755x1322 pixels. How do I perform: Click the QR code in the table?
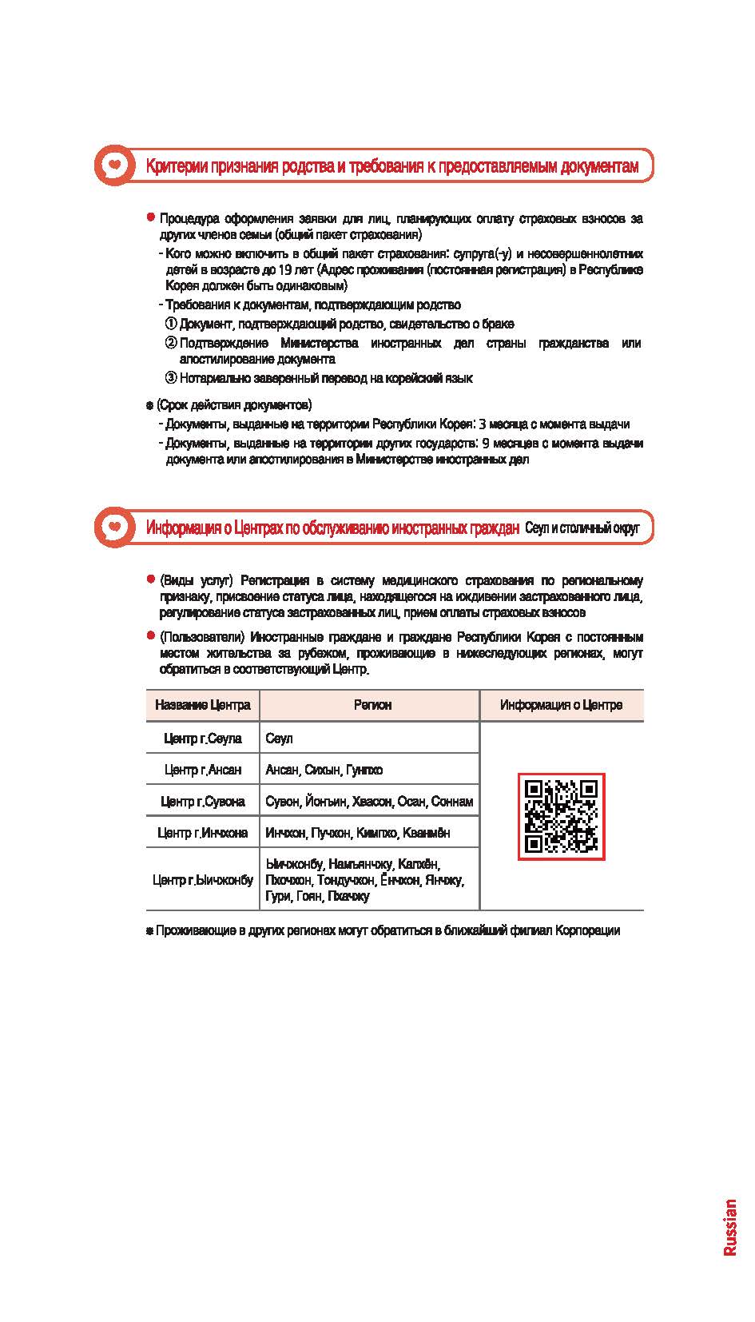(x=561, y=816)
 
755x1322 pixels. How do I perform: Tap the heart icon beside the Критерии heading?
(x=116, y=165)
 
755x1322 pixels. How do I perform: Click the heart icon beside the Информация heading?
(x=116, y=527)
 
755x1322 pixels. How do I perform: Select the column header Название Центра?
(x=203, y=705)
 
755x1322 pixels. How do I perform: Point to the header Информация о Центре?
(x=561, y=705)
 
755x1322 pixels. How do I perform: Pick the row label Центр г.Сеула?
(x=203, y=738)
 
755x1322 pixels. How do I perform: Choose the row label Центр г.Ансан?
(x=203, y=770)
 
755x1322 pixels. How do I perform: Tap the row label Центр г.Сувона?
(x=203, y=801)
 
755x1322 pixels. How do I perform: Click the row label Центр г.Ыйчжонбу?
(x=203, y=880)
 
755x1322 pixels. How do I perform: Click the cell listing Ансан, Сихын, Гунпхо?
(x=324, y=770)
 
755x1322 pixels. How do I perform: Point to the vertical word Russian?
(x=729, y=1227)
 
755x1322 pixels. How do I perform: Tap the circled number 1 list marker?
(x=171, y=324)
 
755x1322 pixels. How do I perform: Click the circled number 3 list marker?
(x=171, y=378)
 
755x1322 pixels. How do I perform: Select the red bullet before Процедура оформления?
(x=150, y=218)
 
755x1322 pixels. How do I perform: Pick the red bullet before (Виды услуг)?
(x=150, y=579)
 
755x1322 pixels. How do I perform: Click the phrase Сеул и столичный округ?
(x=582, y=528)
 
